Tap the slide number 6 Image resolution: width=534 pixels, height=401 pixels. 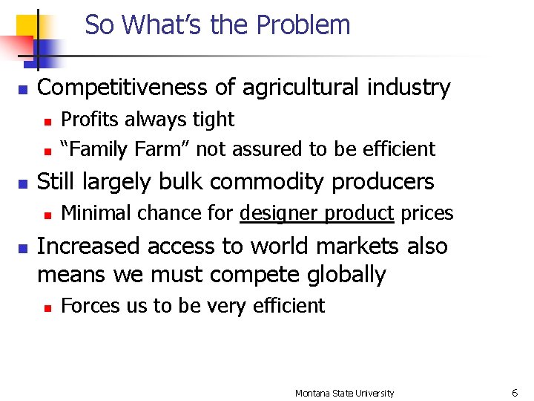click(x=514, y=393)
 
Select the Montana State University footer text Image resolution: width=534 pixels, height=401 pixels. click(x=344, y=393)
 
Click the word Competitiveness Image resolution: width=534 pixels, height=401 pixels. click(x=122, y=88)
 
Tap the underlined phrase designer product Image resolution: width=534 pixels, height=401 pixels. click(x=317, y=214)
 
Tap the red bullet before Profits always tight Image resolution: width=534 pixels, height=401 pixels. click(x=47, y=120)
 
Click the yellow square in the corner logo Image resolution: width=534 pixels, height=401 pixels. click(x=27, y=23)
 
